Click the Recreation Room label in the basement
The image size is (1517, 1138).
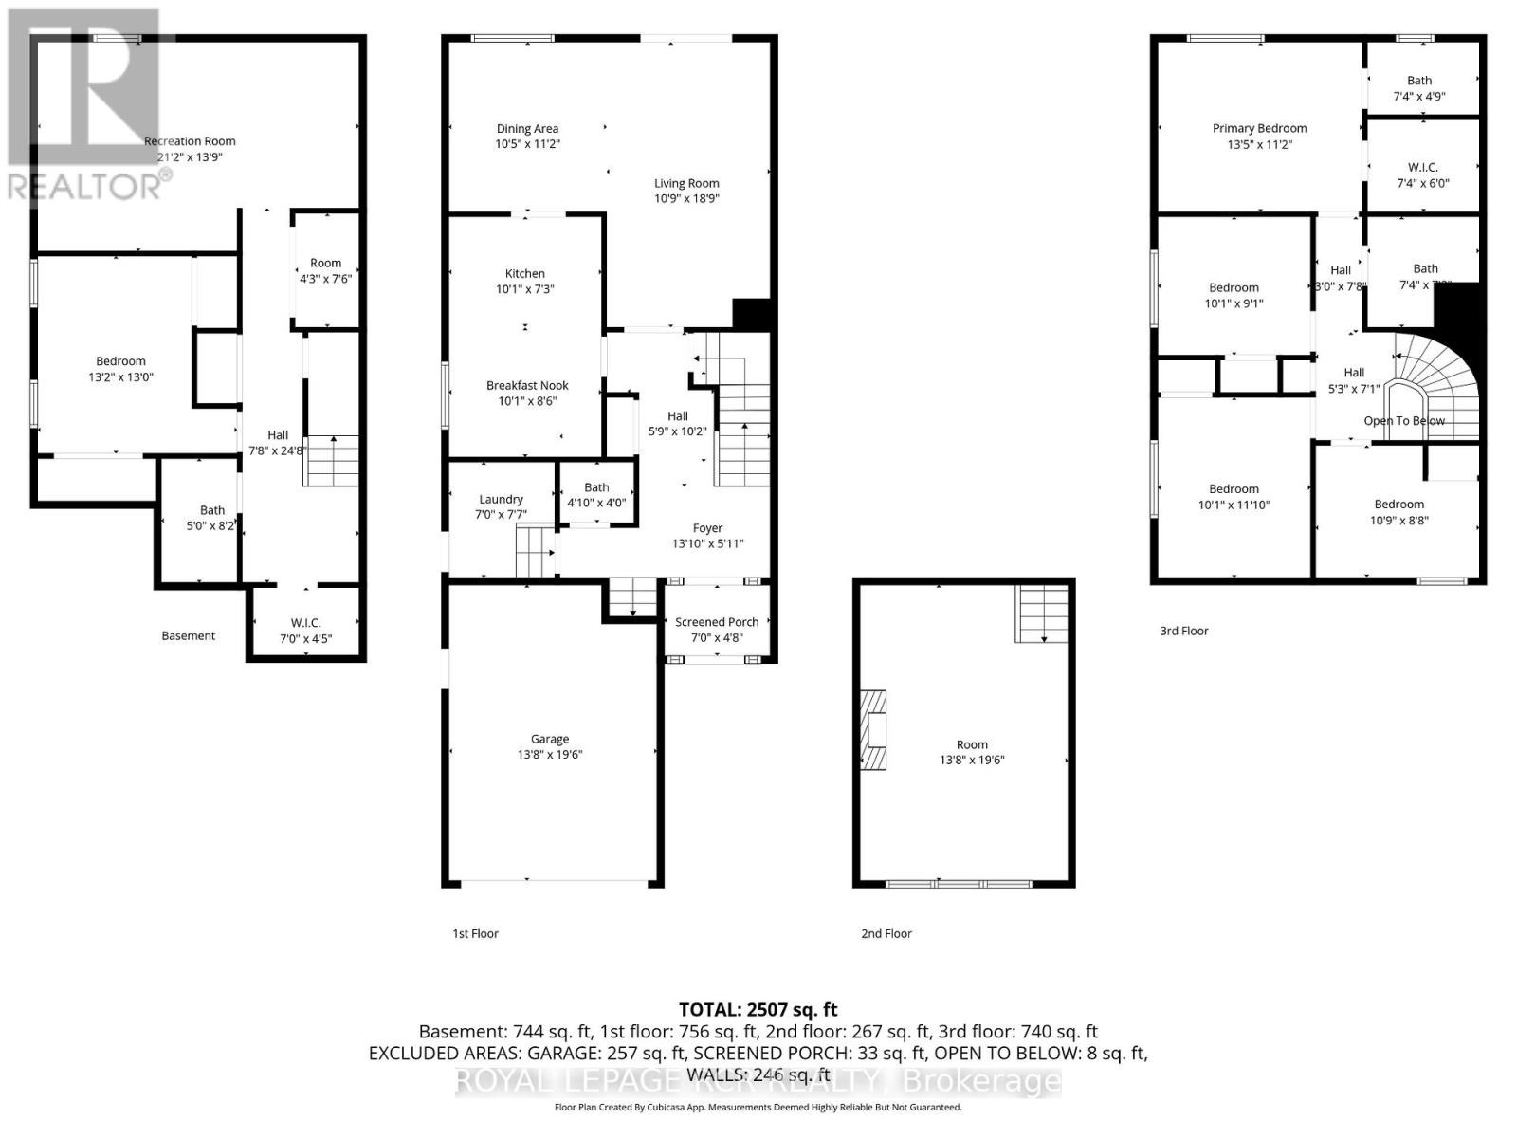click(190, 141)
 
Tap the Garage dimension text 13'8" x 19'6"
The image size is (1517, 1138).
click(550, 755)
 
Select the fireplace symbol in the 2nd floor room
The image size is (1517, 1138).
click(874, 729)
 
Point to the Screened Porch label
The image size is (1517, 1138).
click(717, 622)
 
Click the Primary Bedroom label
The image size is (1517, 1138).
click(1259, 128)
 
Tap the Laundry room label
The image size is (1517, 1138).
click(501, 499)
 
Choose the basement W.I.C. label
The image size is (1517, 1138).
click(305, 623)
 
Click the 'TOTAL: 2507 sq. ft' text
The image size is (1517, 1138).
click(758, 1010)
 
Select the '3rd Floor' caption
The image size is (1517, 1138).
click(1184, 631)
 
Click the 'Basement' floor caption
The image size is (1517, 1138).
click(188, 635)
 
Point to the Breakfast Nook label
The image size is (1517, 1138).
click(527, 385)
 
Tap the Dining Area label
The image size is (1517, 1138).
click(527, 129)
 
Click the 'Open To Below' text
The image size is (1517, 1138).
click(1404, 420)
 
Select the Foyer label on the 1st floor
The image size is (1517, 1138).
click(707, 528)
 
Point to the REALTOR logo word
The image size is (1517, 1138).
click(85, 186)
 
